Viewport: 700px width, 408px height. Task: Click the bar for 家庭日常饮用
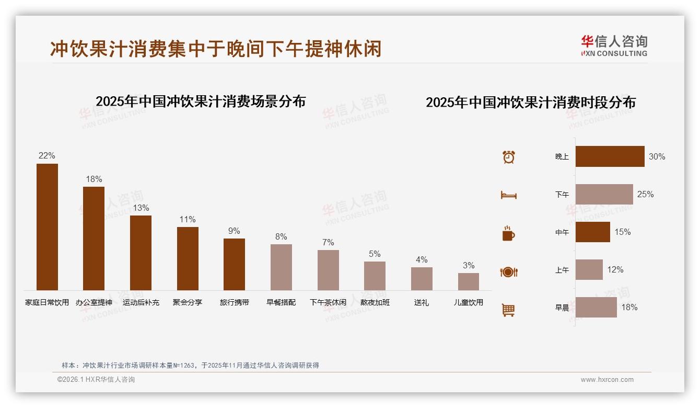(47, 227)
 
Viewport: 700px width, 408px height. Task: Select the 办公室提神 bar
(94, 239)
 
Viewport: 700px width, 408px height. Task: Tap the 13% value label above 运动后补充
(141, 208)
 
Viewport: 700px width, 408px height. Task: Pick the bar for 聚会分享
(188, 258)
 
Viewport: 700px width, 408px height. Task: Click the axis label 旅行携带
(234, 302)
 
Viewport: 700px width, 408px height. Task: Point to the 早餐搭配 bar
(281, 267)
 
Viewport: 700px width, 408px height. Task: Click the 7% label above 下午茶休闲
(328, 242)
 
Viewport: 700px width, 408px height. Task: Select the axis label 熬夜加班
(375, 302)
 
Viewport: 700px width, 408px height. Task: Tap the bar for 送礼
(422, 279)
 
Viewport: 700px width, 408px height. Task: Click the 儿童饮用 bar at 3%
(469, 281)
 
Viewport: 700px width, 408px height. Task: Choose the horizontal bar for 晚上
(610, 156)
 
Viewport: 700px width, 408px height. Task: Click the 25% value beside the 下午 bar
(645, 194)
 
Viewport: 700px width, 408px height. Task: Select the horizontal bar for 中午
(592, 232)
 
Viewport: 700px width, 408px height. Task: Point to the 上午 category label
(562, 270)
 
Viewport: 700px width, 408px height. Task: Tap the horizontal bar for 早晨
(596, 307)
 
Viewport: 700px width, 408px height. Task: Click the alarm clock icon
(508, 157)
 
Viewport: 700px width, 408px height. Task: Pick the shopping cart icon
(508, 310)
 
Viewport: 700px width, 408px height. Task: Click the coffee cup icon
(508, 233)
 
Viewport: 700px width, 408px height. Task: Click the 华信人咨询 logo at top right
(614, 46)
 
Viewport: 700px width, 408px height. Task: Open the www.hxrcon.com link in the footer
(606, 380)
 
